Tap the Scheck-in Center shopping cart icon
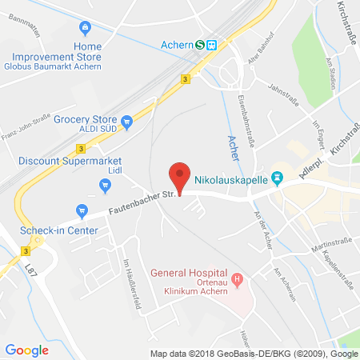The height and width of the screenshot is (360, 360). click(82, 211)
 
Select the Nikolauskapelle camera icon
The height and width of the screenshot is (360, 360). click(278, 178)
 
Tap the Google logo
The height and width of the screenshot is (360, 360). click(26, 350)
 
